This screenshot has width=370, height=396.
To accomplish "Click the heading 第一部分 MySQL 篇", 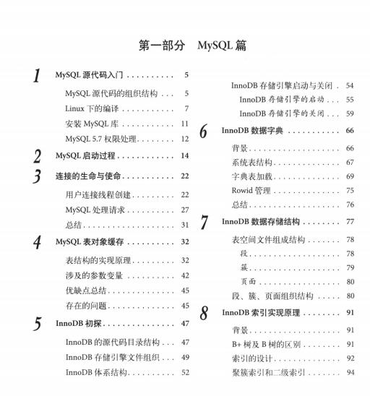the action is pos(193,45).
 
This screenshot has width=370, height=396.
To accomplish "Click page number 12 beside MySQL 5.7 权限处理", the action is pos(184,139).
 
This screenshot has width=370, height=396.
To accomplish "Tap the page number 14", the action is pos(184,155).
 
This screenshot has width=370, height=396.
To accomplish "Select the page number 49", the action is pos(184,357).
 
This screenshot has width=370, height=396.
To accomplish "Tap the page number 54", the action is pos(350,85).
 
